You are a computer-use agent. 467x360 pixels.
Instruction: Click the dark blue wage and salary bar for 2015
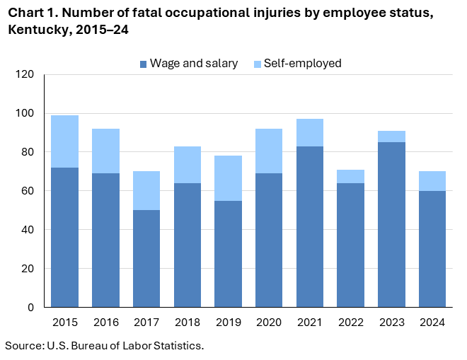pyautogui.click(x=64, y=237)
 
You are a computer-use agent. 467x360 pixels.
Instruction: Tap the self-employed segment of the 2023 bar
pyautogui.click(x=391, y=137)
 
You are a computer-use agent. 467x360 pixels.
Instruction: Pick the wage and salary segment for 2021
pyautogui.click(x=309, y=226)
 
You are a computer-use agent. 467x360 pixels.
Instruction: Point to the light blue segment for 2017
pyautogui.click(x=146, y=191)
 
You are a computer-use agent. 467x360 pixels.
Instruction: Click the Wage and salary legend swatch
pyautogui.click(x=144, y=64)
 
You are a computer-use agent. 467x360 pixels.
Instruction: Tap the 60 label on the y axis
pyautogui.click(x=28, y=191)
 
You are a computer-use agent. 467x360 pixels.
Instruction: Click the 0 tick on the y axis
pyautogui.click(x=30, y=308)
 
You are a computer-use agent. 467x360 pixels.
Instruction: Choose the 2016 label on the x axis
pyautogui.click(x=105, y=323)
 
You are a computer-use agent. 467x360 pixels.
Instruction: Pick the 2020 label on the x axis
pyautogui.click(x=268, y=323)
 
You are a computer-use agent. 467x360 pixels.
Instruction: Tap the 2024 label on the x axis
pyautogui.click(x=432, y=323)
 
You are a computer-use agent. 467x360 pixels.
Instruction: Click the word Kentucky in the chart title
pyautogui.click(x=35, y=30)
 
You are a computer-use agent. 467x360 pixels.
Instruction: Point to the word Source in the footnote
pyautogui.click(x=23, y=345)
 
